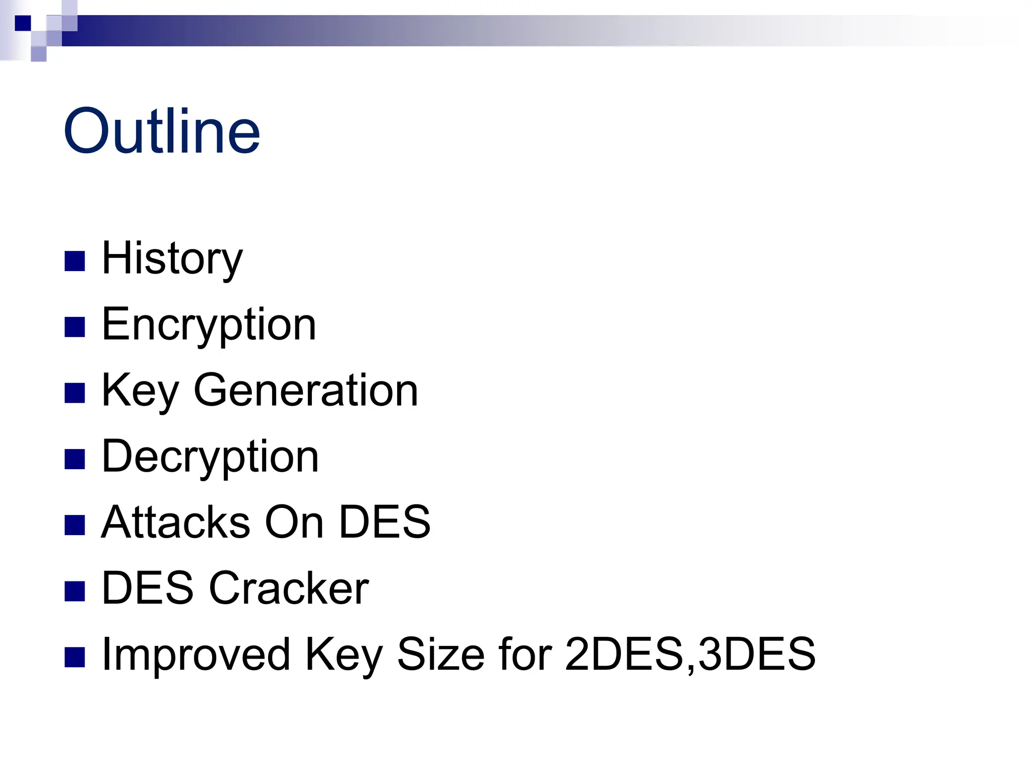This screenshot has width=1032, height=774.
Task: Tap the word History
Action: pyautogui.click(x=172, y=259)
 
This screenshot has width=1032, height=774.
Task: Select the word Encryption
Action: pyautogui.click(x=209, y=325)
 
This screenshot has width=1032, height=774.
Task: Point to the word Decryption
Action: pyautogui.click(x=210, y=457)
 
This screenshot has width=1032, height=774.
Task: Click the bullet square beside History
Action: pyautogui.click(x=75, y=261)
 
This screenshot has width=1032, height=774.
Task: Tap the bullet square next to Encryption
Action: pyautogui.click(x=75, y=327)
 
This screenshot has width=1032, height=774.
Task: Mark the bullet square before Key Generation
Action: pyautogui.click(x=75, y=393)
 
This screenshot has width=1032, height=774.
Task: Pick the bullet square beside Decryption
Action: pyautogui.click(x=75, y=459)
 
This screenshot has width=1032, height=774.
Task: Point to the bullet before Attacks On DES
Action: pyautogui.click(x=75, y=525)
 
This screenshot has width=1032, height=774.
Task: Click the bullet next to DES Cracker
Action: pyautogui.click(x=75, y=591)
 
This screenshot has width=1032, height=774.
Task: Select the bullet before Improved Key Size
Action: pyautogui.click(x=75, y=657)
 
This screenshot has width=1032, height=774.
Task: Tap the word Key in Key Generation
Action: pyautogui.click(x=140, y=391)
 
